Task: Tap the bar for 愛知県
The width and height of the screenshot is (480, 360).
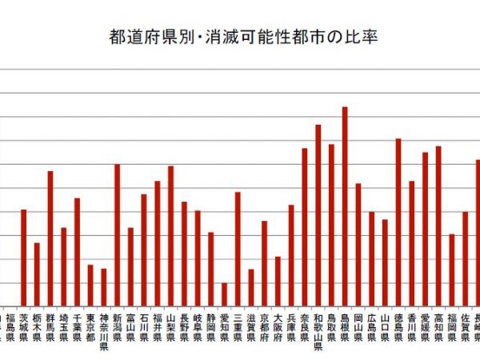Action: [x=224, y=294]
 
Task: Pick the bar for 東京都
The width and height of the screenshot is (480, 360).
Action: [x=90, y=285]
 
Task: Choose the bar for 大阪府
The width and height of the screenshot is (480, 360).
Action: [x=278, y=281]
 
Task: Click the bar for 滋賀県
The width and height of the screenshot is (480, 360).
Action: [x=251, y=287]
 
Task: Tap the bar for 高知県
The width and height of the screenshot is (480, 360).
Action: [x=438, y=226]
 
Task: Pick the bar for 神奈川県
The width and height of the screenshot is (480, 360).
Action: [x=104, y=286]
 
